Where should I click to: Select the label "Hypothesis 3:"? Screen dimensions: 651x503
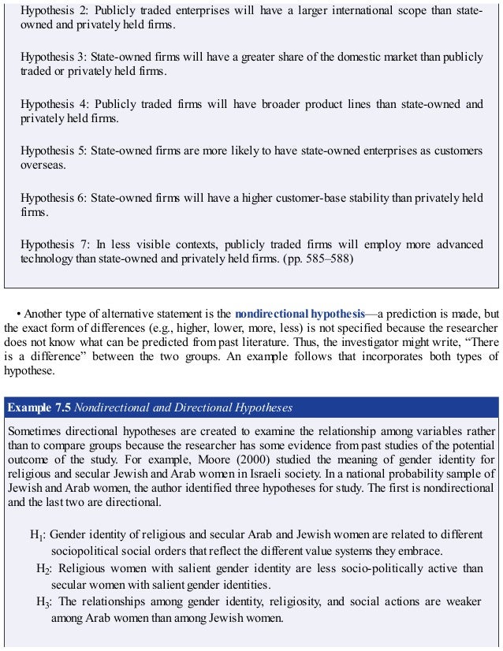53,58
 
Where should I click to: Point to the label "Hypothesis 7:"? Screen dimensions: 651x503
53,245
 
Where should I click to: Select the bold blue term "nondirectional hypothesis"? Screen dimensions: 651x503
300,313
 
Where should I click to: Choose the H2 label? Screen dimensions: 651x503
44,569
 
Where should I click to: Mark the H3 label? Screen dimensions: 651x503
44,603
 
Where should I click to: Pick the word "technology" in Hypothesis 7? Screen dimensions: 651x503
47,258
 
